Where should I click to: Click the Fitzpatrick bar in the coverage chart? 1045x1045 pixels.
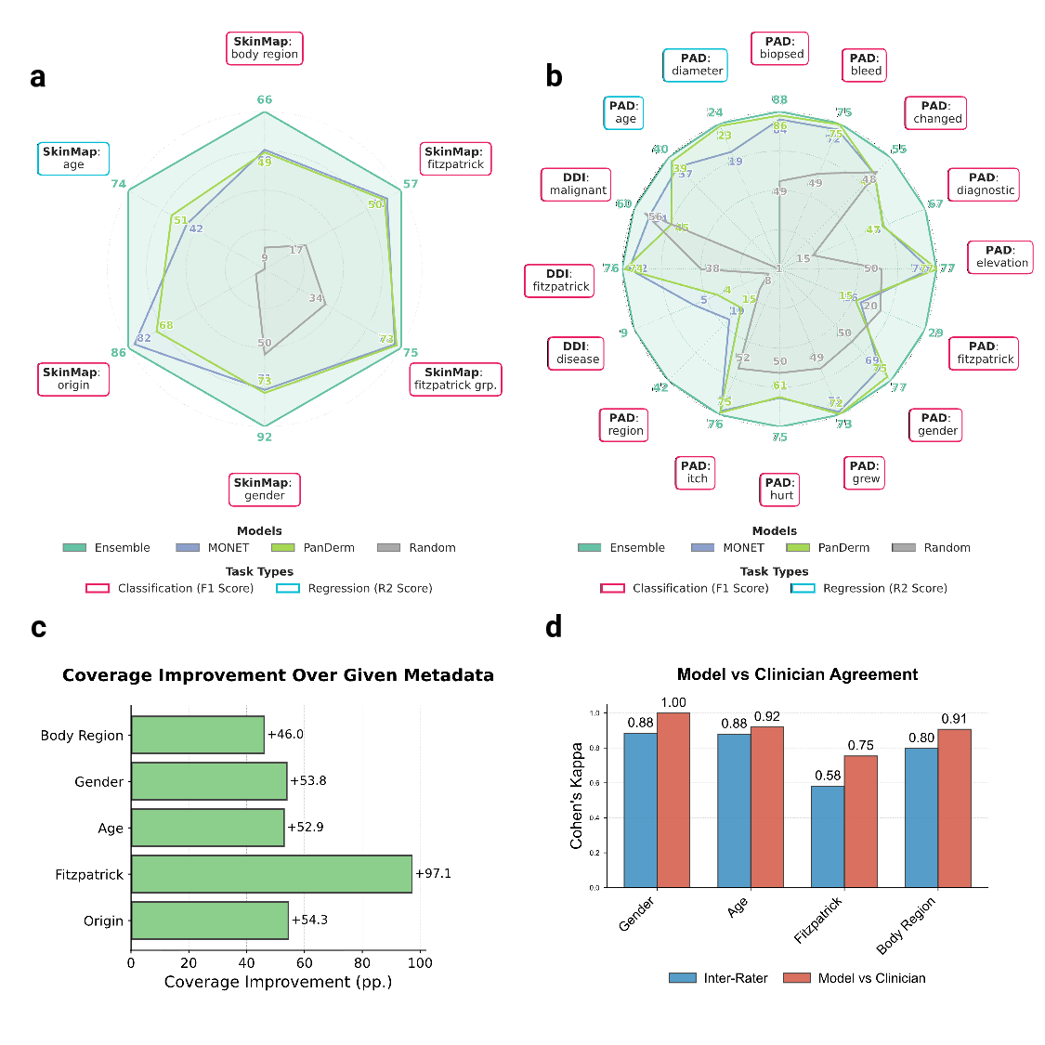[271, 874]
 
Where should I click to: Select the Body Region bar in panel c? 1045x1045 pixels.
[198, 735]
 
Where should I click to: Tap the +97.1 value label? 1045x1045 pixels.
[433, 874]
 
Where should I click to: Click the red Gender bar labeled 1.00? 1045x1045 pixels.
[673, 800]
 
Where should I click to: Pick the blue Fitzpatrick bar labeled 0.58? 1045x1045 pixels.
[828, 837]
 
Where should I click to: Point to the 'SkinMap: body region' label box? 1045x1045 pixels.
[265, 48]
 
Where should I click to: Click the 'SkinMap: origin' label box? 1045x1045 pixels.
[73, 379]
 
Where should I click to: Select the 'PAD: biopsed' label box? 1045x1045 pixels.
[780, 48]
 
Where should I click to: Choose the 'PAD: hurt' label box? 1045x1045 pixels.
[780, 490]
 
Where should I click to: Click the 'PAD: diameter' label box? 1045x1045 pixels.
[696, 65]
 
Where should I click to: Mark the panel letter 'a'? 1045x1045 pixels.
[38, 77]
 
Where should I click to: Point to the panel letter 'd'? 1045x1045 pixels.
[554, 628]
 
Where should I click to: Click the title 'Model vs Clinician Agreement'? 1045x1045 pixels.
[797, 674]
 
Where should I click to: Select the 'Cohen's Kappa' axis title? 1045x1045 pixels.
[577, 795]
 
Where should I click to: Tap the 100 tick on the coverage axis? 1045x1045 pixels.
[420, 962]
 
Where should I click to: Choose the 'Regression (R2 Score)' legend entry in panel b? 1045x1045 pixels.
[870, 588]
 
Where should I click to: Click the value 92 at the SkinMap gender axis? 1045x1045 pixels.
[265, 437]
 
